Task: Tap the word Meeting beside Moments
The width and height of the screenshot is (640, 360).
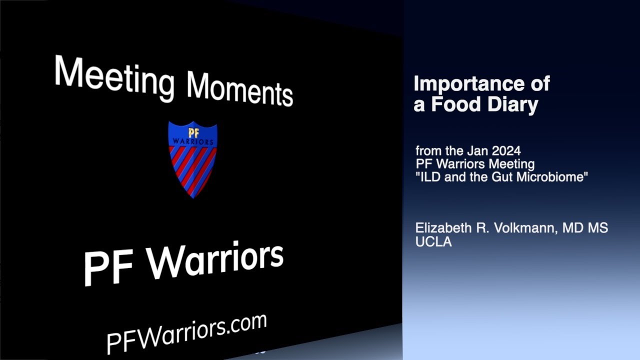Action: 114,76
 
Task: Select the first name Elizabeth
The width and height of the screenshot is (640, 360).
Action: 443,228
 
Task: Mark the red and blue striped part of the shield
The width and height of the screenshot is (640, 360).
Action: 192,167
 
